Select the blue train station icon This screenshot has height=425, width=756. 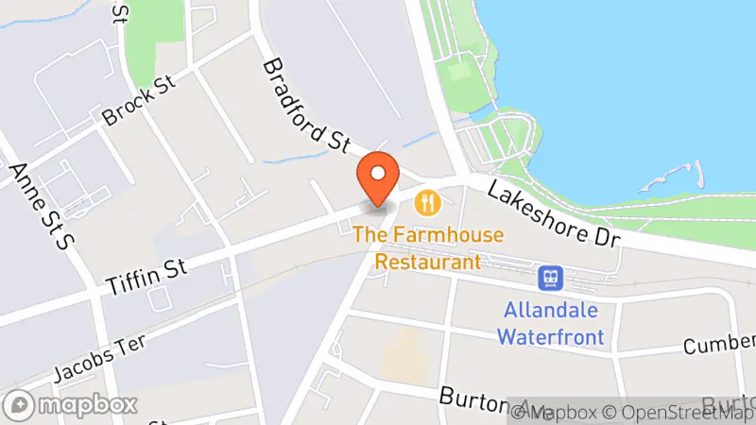[x=550, y=278]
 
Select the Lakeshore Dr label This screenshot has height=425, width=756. [x=554, y=214]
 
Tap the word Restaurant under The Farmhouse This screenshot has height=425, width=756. [x=428, y=261]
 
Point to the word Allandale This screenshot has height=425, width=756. [x=552, y=310]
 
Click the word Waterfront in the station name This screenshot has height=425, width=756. [x=551, y=335]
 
